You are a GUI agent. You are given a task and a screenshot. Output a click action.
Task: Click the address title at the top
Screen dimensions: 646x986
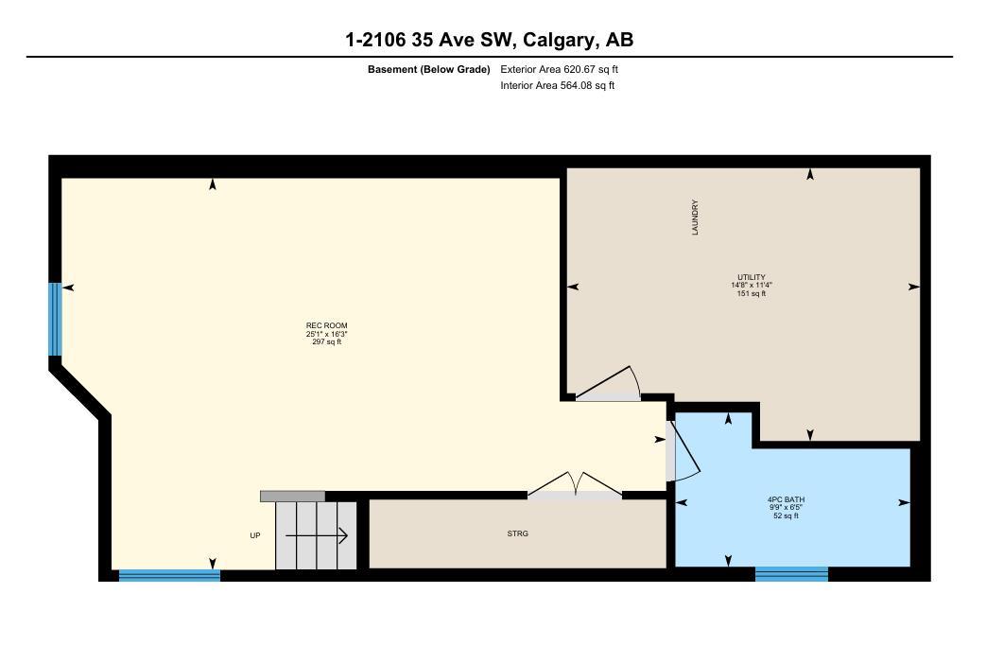click(x=489, y=40)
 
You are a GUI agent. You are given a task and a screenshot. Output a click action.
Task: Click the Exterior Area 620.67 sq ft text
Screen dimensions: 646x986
click(x=559, y=69)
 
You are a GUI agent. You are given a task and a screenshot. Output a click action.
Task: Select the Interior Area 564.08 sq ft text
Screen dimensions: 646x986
click(x=558, y=86)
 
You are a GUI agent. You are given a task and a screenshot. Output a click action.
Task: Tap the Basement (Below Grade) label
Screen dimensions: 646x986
click(x=428, y=69)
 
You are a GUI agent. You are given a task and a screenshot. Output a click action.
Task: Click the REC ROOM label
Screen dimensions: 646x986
click(x=326, y=325)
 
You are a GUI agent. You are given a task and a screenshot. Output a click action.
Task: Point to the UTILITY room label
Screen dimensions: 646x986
click(x=751, y=277)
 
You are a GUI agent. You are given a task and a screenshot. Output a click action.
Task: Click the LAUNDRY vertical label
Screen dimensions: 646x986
click(x=695, y=217)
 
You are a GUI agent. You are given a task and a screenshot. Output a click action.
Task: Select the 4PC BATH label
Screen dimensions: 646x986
click(x=786, y=499)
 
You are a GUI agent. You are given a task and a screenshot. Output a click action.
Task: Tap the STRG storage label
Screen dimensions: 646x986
click(x=517, y=533)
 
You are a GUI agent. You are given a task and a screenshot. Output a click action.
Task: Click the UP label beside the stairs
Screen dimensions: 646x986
click(x=254, y=535)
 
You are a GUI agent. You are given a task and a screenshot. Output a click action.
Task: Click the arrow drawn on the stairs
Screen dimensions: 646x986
click(x=317, y=536)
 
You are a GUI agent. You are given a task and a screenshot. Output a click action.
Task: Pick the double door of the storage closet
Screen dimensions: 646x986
click(x=575, y=483)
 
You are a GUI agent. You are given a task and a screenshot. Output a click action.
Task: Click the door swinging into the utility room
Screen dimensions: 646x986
click(x=610, y=383)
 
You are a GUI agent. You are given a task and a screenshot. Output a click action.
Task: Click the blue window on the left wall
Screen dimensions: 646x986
click(x=55, y=319)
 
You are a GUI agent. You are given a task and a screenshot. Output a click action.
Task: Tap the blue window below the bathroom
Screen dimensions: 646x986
click(x=791, y=573)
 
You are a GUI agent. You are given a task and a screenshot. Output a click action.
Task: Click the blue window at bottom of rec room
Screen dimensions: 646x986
click(x=169, y=574)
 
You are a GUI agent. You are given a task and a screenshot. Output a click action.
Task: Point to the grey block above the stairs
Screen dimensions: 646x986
click(x=292, y=496)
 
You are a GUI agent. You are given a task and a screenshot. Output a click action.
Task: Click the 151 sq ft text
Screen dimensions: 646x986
click(x=751, y=293)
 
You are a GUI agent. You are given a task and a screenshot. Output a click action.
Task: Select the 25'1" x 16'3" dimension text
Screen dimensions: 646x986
click(x=326, y=334)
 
